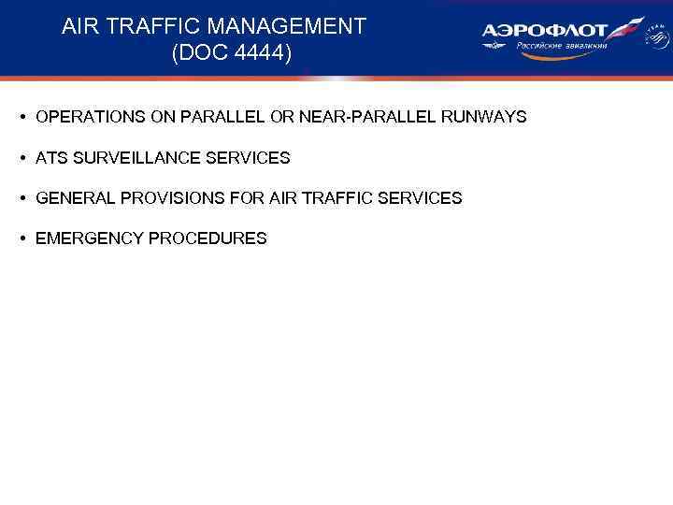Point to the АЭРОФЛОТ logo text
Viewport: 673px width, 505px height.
tap(545, 30)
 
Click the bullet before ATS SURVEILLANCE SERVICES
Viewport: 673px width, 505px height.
tap(21, 158)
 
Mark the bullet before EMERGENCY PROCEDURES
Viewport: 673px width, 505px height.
tap(21, 238)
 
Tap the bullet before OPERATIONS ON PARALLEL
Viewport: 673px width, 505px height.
tap(21, 118)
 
